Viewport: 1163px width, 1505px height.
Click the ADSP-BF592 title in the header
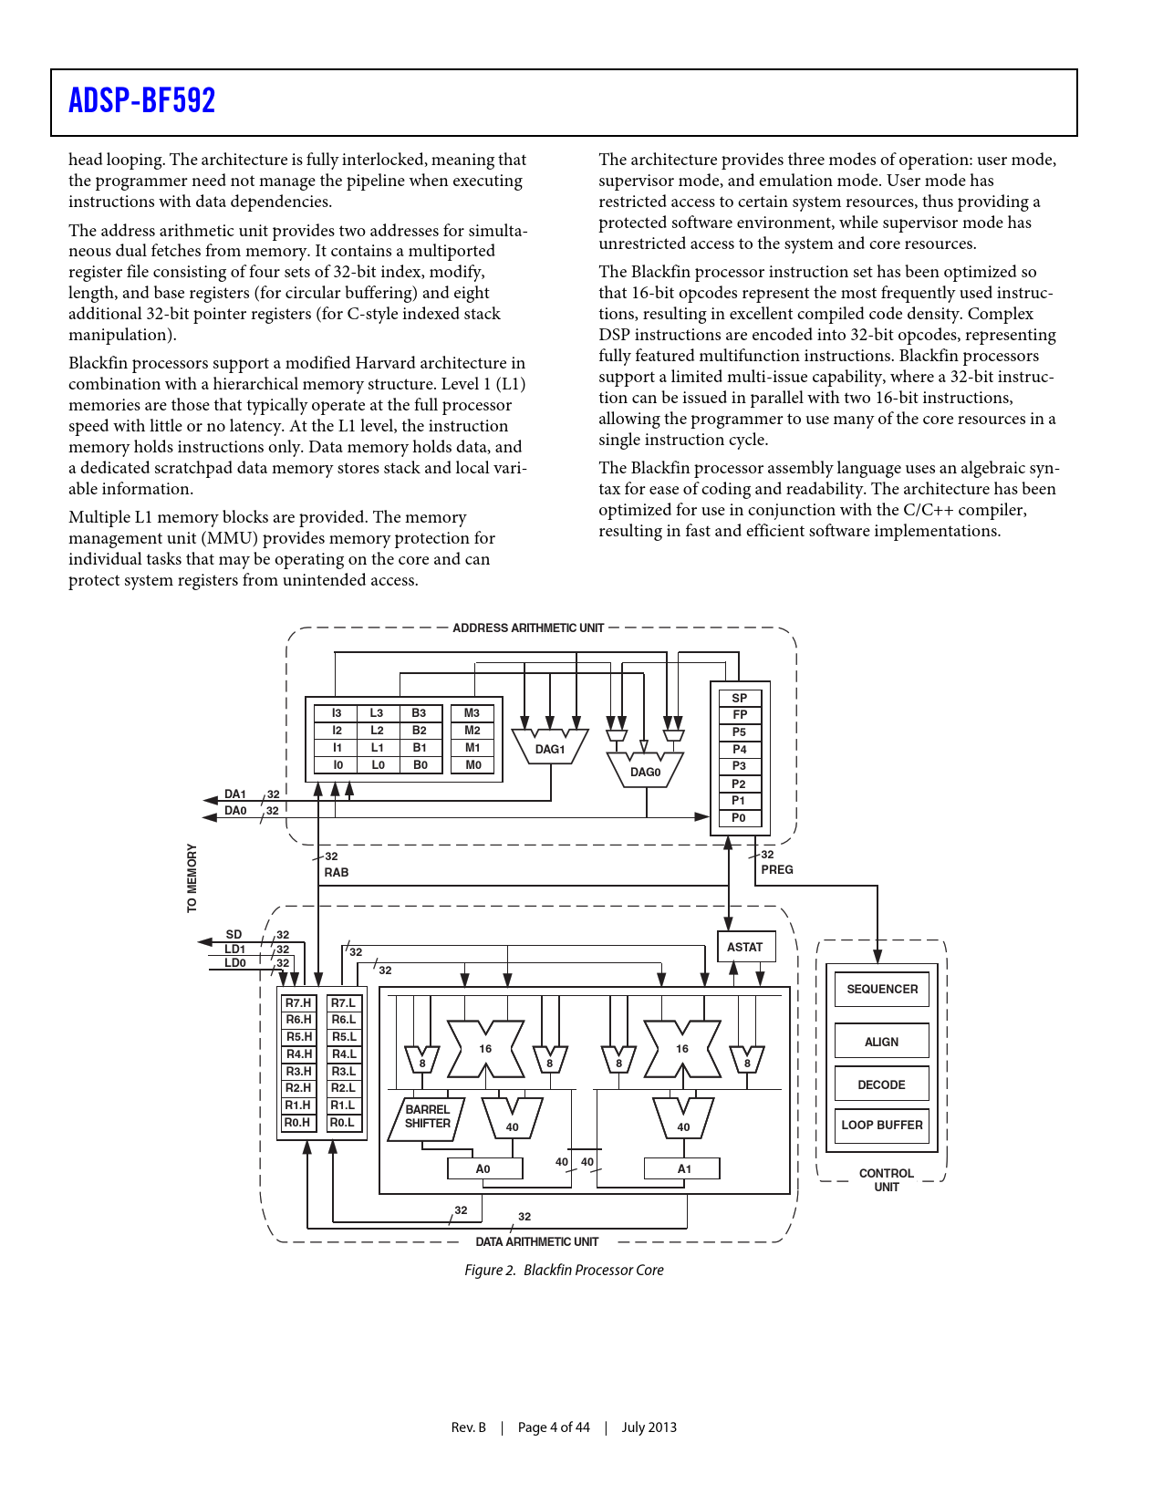coord(142,100)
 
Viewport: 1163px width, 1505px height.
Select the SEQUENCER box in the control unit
coord(882,990)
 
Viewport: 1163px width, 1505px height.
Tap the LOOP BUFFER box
coord(882,1126)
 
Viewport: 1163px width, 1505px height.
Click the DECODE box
coord(882,1085)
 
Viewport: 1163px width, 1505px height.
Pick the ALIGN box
coord(882,1042)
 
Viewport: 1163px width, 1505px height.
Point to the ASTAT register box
coord(745,948)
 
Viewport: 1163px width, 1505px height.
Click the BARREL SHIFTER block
coord(427,1117)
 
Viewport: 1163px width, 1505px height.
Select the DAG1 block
coord(550,748)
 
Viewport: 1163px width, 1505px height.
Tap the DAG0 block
coord(646,771)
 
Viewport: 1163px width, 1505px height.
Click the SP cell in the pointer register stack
coord(740,698)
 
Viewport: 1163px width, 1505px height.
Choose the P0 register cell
coord(740,818)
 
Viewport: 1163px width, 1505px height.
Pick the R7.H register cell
coord(298,1003)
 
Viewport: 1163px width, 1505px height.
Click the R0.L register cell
coord(344,1123)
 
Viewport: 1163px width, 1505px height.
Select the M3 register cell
coord(472,713)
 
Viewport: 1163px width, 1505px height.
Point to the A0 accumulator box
coord(484,1169)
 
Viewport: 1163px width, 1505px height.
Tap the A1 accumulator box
coord(684,1169)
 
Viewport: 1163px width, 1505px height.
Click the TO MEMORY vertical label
coord(192,877)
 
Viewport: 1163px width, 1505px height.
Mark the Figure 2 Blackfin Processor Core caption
coord(564,1271)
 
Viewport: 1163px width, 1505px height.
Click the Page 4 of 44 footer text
coord(554,1427)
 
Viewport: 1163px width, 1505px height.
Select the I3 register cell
coord(337,713)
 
